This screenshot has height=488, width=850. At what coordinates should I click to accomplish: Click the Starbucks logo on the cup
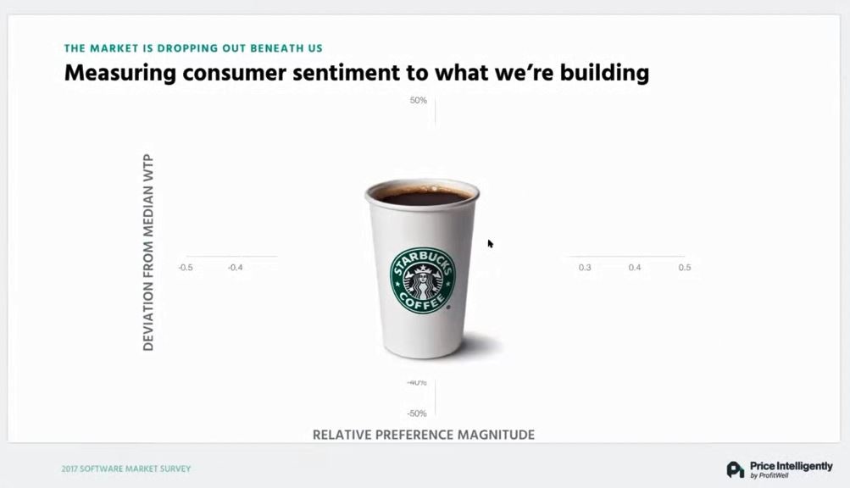pyautogui.click(x=423, y=280)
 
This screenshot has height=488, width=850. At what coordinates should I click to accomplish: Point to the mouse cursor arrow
pyautogui.click(x=490, y=244)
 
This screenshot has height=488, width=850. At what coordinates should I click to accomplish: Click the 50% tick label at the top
pyautogui.click(x=419, y=100)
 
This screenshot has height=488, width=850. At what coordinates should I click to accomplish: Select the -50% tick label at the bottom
pyautogui.click(x=417, y=413)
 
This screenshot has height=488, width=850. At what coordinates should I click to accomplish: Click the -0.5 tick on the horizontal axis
pyautogui.click(x=186, y=268)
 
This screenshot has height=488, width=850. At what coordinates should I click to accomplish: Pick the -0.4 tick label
pyautogui.click(x=236, y=268)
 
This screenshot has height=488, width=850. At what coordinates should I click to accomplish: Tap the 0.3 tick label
pyautogui.click(x=585, y=268)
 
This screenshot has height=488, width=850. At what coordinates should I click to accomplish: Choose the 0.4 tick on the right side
pyautogui.click(x=635, y=268)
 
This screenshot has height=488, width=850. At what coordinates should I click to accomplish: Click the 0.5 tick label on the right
pyautogui.click(x=685, y=268)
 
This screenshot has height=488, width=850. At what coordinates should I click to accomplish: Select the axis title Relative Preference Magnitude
pyautogui.click(x=424, y=435)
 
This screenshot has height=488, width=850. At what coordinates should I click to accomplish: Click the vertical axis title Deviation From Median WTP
pyautogui.click(x=148, y=252)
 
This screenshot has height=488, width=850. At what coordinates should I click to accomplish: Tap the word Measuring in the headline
pyautogui.click(x=119, y=73)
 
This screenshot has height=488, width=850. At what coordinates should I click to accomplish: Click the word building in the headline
pyautogui.click(x=604, y=73)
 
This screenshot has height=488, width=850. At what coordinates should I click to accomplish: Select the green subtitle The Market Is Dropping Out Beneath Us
pyautogui.click(x=193, y=48)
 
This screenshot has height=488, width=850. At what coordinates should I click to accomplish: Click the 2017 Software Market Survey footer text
pyautogui.click(x=126, y=469)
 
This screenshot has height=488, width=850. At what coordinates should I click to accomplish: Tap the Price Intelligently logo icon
pyautogui.click(x=735, y=469)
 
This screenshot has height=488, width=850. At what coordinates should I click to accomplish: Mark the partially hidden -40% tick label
pyautogui.click(x=417, y=382)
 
